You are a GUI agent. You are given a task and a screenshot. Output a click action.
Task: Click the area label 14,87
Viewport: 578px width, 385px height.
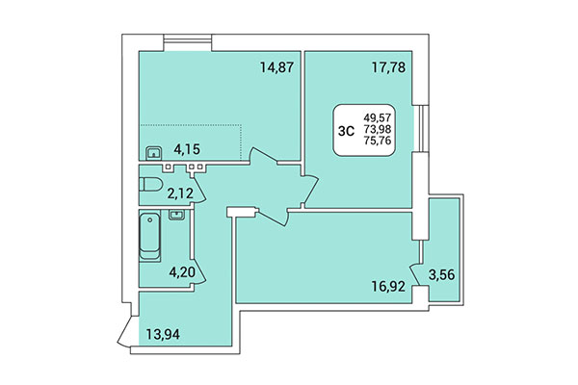click(x=276, y=67)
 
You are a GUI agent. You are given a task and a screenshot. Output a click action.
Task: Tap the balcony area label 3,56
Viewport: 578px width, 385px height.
click(x=442, y=275)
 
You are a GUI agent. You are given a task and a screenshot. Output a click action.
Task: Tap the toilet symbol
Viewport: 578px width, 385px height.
click(x=150, y=184)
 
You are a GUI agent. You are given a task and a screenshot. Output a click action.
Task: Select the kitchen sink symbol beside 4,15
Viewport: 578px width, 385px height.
click(x=153, y=152)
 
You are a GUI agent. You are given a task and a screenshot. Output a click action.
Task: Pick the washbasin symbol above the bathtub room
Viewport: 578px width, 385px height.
click(x=176, y=216)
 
